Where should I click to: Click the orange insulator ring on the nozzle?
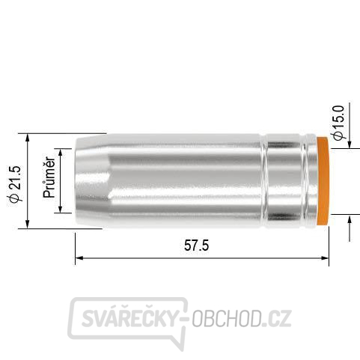323,180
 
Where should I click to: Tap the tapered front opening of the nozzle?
91,180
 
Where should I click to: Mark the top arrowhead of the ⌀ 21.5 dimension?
28,138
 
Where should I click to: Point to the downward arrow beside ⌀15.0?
350,143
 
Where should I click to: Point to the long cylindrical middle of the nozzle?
187,180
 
